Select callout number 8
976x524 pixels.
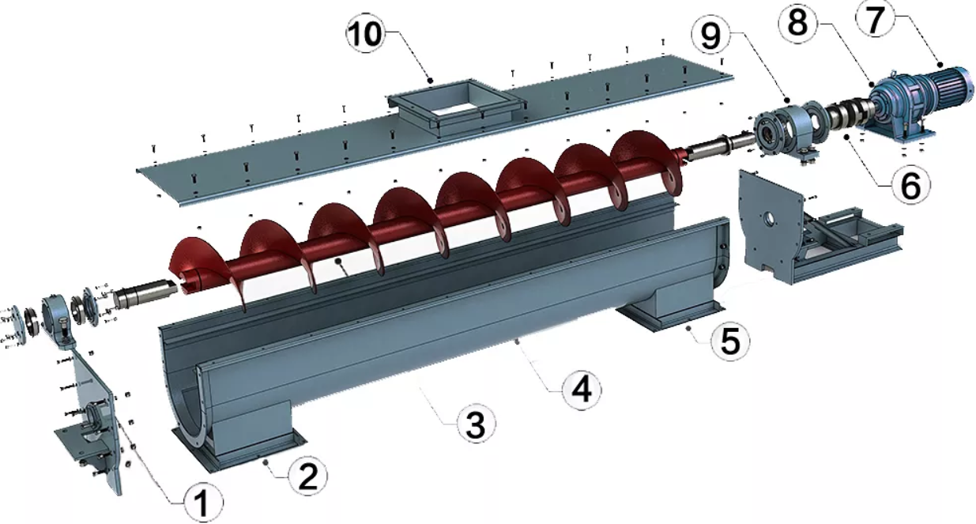tap(797, 23)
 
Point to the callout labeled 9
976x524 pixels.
tap(711, 36)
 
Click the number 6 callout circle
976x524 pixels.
tap(910, 185)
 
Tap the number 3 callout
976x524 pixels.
tap(476, 424)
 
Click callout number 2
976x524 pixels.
tap(308, 476)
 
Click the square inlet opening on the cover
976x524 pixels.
tap(455, 103)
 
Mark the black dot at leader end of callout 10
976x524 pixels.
tap(430, 81)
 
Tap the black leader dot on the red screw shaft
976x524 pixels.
tap(337, 261)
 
